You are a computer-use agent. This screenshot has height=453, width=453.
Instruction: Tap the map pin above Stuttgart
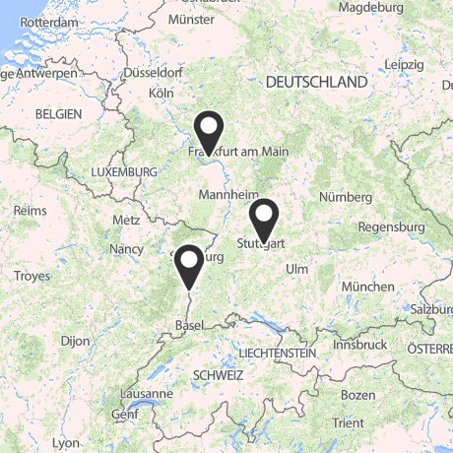click(263, 218)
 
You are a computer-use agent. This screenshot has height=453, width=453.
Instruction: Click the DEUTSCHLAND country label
click(316, 83)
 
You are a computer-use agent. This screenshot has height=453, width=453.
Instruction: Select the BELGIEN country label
click(58, 114)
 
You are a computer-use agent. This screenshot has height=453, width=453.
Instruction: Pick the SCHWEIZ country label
click(219, 375)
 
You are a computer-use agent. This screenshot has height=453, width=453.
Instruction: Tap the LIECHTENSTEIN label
click(277, 353)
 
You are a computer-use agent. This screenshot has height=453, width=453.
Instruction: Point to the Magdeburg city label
click(370, 7)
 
